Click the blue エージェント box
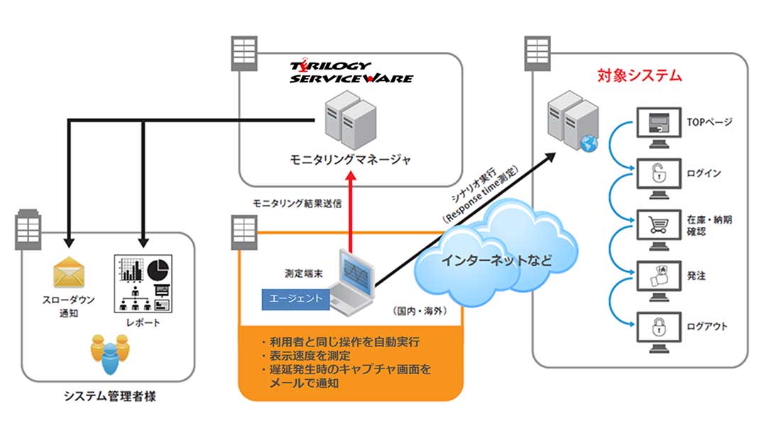(x=295, y=299)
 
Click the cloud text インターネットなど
(x=496, y=260)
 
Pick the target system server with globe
(x=572, y=125)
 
